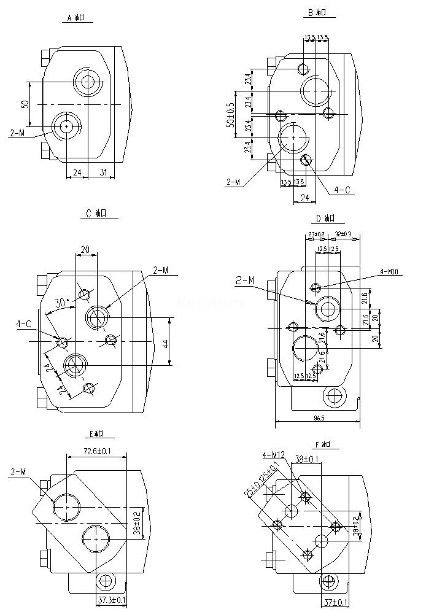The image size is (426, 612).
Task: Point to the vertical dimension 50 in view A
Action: tap(25, 104)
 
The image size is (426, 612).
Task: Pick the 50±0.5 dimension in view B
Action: tap(230, 115)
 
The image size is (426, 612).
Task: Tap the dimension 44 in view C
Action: tap(165, 343)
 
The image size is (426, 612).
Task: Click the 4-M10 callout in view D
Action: tap(391, 271)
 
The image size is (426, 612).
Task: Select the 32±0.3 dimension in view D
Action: tap(344, 234)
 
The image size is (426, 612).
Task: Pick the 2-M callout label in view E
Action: tap(18, 472)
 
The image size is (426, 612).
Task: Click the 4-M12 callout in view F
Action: tap(273, 455)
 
